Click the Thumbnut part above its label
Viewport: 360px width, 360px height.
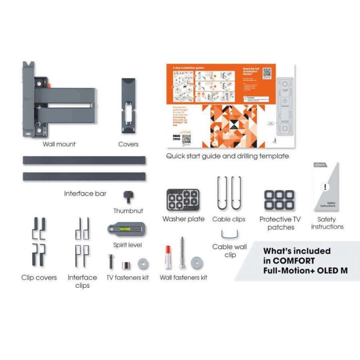click(129, 196)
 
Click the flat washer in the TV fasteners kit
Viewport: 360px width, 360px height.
click(142, 264)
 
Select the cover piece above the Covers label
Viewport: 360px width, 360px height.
click(128, 106)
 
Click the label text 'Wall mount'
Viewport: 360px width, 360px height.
click(59, 144)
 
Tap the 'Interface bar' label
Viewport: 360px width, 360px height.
click(85, 194)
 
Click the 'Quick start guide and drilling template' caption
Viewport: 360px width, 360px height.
click(227, 156)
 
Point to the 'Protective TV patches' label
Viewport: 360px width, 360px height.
click(280, 223)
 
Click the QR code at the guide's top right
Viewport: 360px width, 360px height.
click(267, 73)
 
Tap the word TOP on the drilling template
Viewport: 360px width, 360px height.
click(285, 90)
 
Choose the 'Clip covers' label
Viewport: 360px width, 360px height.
click(39, 278)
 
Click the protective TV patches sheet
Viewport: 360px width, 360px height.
click(279, 200)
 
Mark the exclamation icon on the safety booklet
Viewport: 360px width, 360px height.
click(326, 187)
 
